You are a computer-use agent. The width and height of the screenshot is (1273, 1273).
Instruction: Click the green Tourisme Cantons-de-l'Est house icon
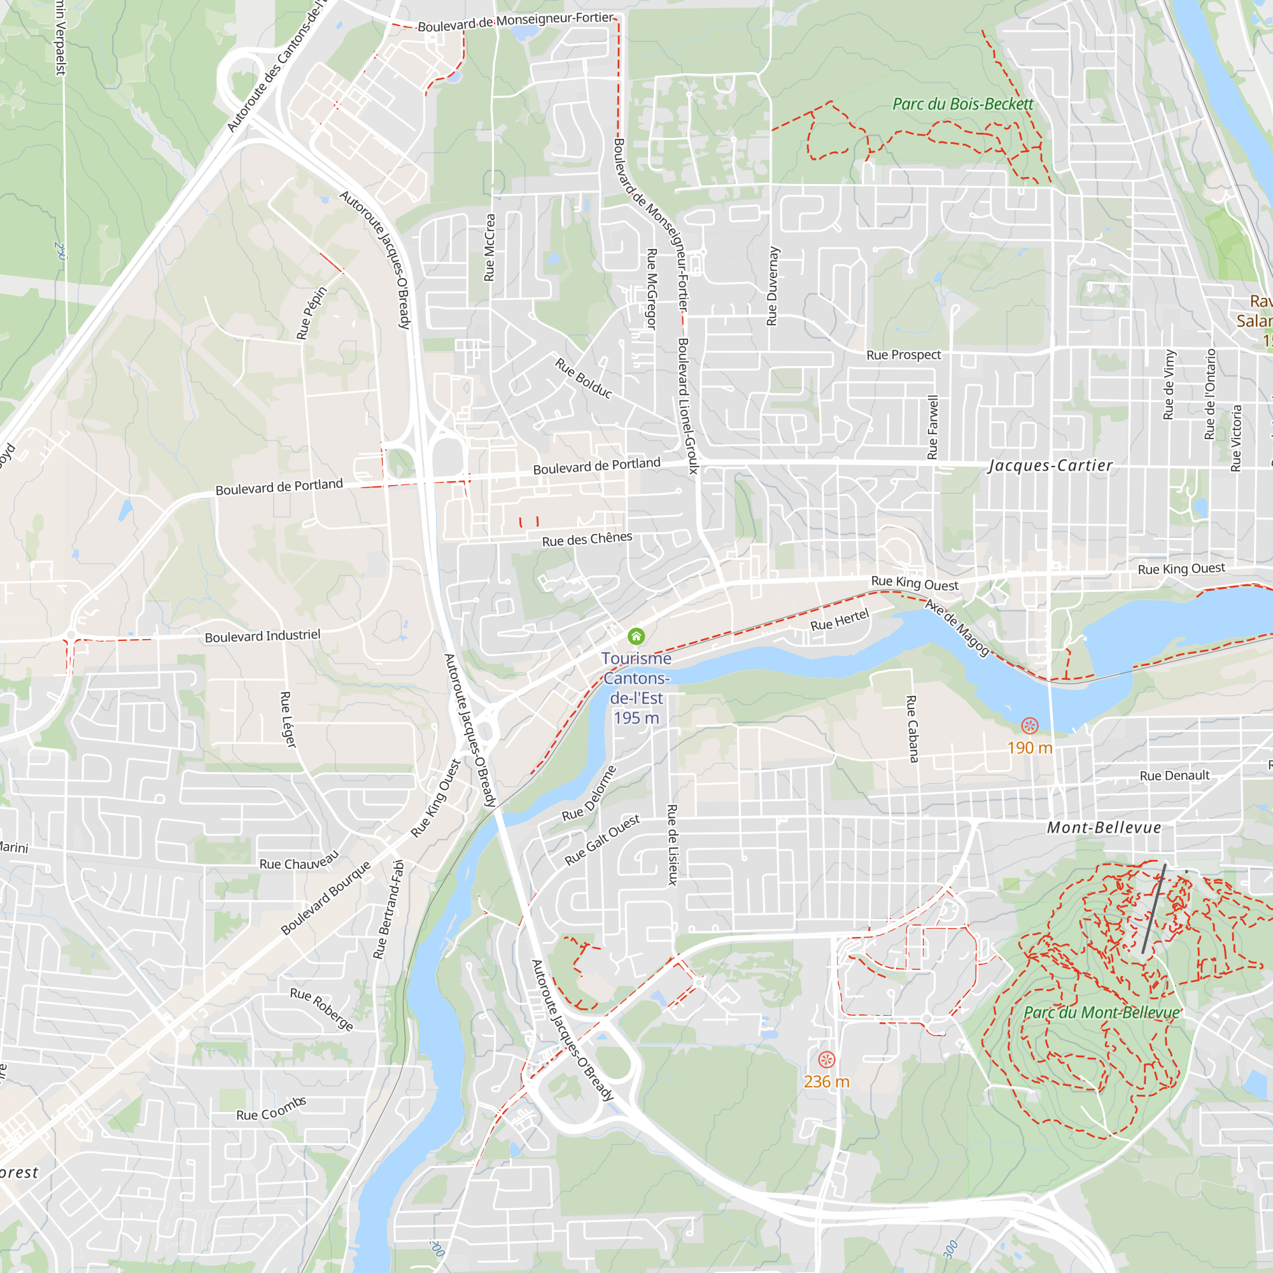point(636,636)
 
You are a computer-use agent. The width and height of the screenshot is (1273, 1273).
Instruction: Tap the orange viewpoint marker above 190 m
point(1029,726)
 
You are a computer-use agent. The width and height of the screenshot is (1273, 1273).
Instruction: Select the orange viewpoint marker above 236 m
point(826,1059)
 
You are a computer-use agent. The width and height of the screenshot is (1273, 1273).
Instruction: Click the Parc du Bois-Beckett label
point(962,104)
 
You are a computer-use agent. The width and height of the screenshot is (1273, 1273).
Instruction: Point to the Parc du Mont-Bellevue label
point(1102,1012)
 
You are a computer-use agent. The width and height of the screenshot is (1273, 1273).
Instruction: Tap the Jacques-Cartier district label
point(1050,465)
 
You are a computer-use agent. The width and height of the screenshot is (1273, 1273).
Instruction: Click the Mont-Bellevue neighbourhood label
point(1104,827)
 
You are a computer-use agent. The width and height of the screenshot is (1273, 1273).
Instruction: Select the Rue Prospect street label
point(903,355)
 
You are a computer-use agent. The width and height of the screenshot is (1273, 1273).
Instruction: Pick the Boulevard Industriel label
point(262,636)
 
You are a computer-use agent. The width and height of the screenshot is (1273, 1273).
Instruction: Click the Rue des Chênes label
point(586,539)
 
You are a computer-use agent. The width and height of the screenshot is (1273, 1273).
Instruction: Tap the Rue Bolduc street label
point(584,378)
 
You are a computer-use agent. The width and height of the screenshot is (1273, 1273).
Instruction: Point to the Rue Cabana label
point(912,729)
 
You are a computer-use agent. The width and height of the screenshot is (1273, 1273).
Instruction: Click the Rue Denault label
point(1174,775)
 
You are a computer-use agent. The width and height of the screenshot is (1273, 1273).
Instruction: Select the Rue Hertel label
point(840,620)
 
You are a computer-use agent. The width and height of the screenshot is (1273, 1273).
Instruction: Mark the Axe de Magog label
point(957,628)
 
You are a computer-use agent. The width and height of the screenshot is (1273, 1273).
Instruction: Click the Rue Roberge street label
point(321,1009)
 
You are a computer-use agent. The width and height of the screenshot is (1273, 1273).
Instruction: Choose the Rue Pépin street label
point(312,313)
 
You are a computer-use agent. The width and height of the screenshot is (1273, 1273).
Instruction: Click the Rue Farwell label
point(932,427)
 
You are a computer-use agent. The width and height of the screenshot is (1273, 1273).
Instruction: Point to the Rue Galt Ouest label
point(602,840)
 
